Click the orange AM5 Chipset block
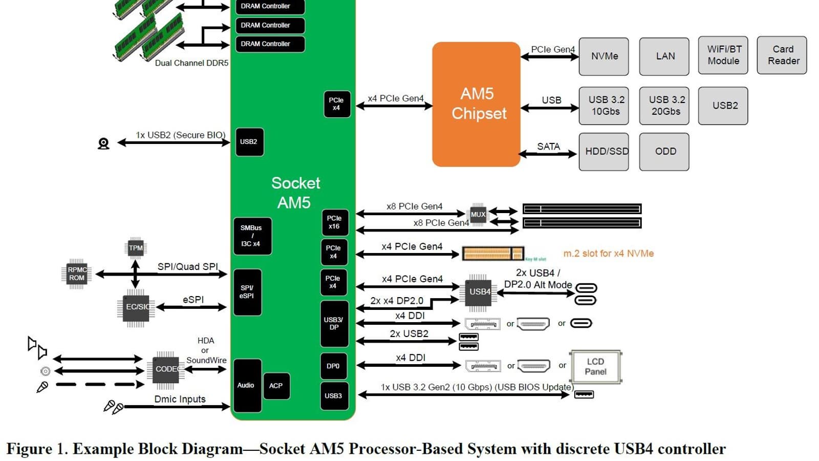pyautogui.click(x=476, y=104)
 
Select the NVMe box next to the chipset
pyautogui.click(x=604, y=56)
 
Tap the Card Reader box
pyautogui.click(x=782, y=55)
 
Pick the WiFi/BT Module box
pyautogui.click(x=723, y=55)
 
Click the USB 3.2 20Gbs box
pyautogui.click(x=664, y=106)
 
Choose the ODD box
pyautogui.click(x=664, y=152)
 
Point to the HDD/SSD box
pyautogui.click(x=604, y=152)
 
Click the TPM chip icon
pyautogui.click(x=136, y=248)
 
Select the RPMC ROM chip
pyautogui.click(x=77, y=274)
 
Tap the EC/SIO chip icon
pyautogui.click(x=136, y=307)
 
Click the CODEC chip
pyautogui.click(x=166, y=369)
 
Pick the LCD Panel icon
pyautogui.click(x=596, y=367)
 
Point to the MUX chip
pyautogui.click(x=478, y=215)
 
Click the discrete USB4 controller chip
pyautogui.click(x=478, y=292)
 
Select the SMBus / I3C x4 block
pyautogui.click(x=252, y=236)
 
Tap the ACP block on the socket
pyautogui.click(x=276, y=386)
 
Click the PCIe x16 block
pyautogui.click(x=335, y=222)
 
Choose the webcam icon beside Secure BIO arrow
pyautogui.click(x=103, y=143)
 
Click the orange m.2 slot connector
pyautogui.click(x=492, y=253)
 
